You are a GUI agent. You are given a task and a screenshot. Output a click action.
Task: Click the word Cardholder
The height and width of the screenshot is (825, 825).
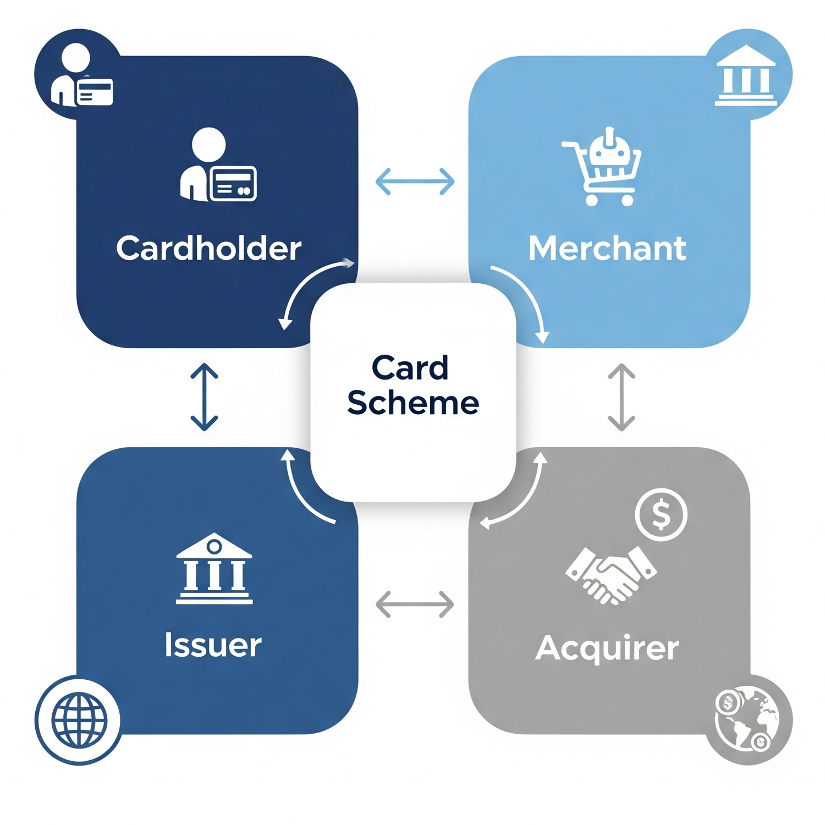[x=208, y=249]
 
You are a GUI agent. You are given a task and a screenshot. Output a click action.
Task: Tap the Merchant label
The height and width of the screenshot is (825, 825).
[x=607, y=249]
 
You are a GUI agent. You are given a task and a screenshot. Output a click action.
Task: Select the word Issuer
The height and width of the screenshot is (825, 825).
[x=213, y=645]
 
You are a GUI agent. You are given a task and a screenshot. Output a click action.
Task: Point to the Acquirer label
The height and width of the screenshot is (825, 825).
[x=607, y=648]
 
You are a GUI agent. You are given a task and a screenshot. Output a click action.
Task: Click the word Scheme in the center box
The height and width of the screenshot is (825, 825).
[x=413, y=403]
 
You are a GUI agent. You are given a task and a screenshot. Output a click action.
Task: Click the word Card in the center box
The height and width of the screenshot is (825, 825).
[x=410, y=367]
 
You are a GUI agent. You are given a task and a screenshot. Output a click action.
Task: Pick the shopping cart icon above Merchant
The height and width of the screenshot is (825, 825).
[x=602, y=166]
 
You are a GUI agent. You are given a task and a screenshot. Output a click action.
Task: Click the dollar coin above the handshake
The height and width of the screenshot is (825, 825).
[x=661, y=515]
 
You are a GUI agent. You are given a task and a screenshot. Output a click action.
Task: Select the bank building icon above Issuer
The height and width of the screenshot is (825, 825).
[x=214, y=569]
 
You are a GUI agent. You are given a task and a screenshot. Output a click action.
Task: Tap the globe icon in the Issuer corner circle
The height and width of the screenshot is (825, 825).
[x=79, y=719]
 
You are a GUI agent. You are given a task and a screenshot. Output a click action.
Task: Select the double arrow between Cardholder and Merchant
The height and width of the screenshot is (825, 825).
[x=415, y=182]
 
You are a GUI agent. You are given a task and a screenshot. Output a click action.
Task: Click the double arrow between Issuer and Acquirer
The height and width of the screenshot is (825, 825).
[x=415, y=604]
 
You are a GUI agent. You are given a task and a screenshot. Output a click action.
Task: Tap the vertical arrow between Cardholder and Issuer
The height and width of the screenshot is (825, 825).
[x=204, y=397]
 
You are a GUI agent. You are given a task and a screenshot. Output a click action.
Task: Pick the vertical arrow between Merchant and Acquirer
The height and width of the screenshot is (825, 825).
[x=621, y=397]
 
